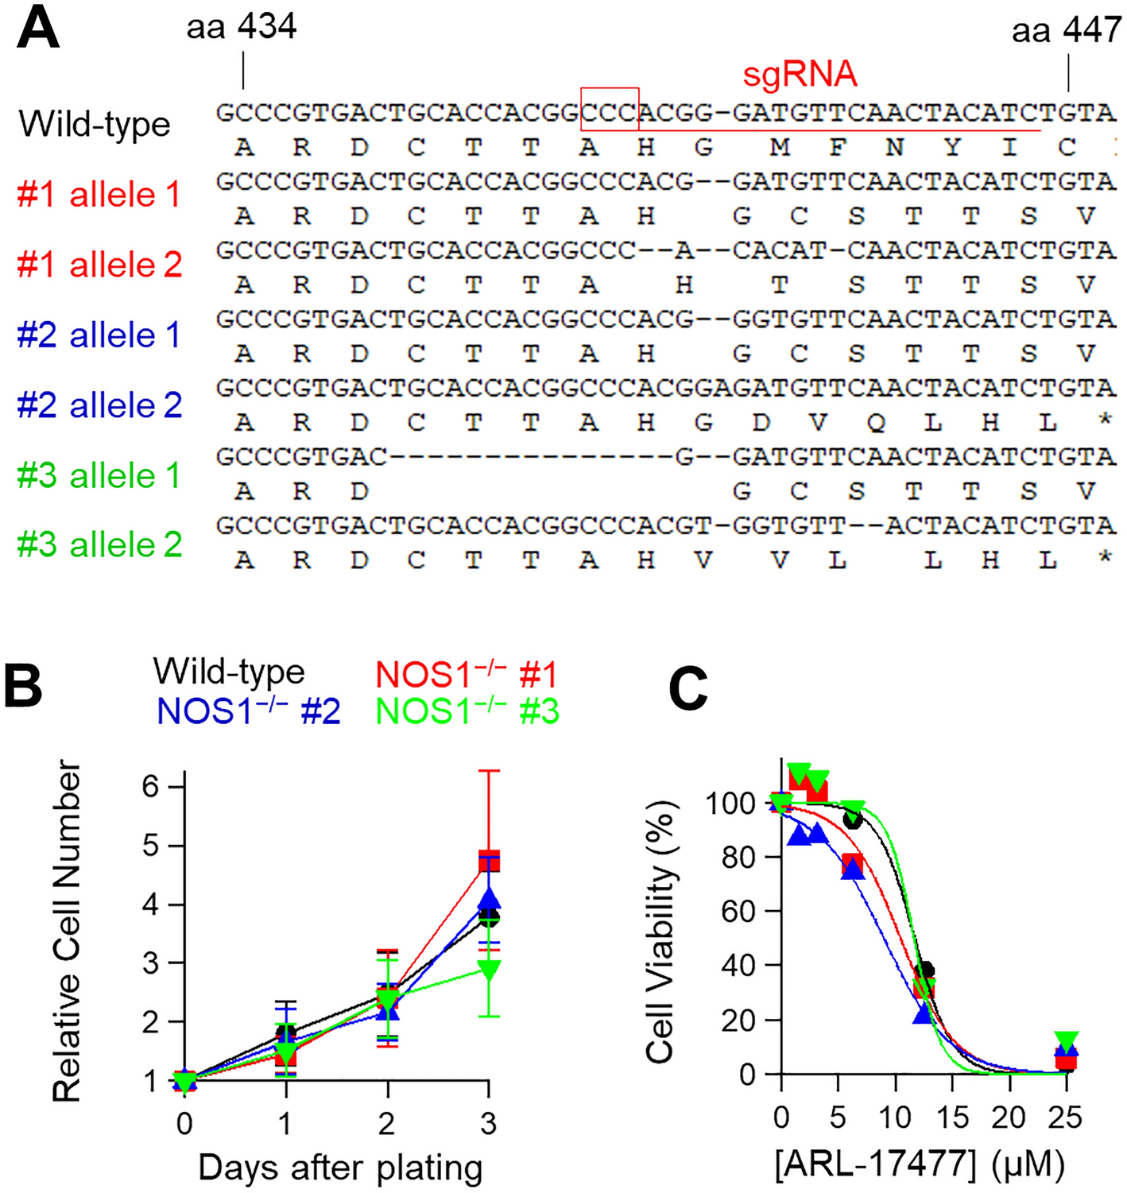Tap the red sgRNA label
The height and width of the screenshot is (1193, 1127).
pyautogui.click(x=800, y=75)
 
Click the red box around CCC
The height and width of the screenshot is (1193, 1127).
pyautogui.click(x=610, y=109)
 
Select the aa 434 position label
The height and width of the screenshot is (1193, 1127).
pyautogui.click(x=242, y=27)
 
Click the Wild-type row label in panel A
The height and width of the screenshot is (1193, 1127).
pyautogui.click(x=95, y=125)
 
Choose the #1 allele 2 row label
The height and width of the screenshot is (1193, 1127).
pyautogui.click(x=100, y=265)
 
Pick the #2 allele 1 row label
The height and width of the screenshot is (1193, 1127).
pyautogui.click(x=100, y=335)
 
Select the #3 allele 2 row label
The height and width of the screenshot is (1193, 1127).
pyautogui.click(x=100, y=544)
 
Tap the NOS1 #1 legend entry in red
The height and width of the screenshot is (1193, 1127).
pyautogui.click(x=467, y=675)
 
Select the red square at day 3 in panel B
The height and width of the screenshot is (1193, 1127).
pyautogui.click(x=488, y=861)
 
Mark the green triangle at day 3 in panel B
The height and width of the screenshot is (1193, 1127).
pyautogui.click(x=488, y=970)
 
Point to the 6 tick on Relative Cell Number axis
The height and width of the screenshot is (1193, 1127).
pyautogui.click(x=151, y=787)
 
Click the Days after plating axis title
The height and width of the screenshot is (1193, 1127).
pyautogui.click(x=340, y=1168)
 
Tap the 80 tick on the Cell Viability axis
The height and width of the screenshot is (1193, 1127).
pyautogui.click(x=737, y=858)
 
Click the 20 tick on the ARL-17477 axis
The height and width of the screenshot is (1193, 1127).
pyautogui.click(x=1009, y=1117)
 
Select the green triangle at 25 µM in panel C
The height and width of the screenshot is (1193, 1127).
pyautogui.click(x=1066, y=1040)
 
